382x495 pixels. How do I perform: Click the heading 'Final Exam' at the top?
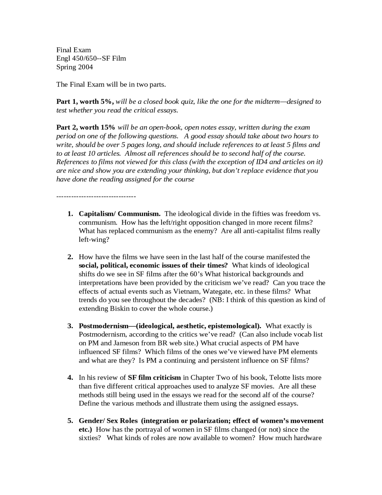pos(73,50)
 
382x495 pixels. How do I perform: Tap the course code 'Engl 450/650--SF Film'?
pos(91,58)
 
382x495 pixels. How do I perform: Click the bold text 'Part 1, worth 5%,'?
pos(85,102)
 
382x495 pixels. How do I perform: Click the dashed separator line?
pos(96,196)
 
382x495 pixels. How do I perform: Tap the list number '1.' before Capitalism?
pos(70,214)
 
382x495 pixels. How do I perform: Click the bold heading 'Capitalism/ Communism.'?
pos(119,214)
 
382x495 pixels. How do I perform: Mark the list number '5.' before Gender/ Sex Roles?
pos(70,421)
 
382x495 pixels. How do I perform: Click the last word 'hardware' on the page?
pos(307,438)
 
